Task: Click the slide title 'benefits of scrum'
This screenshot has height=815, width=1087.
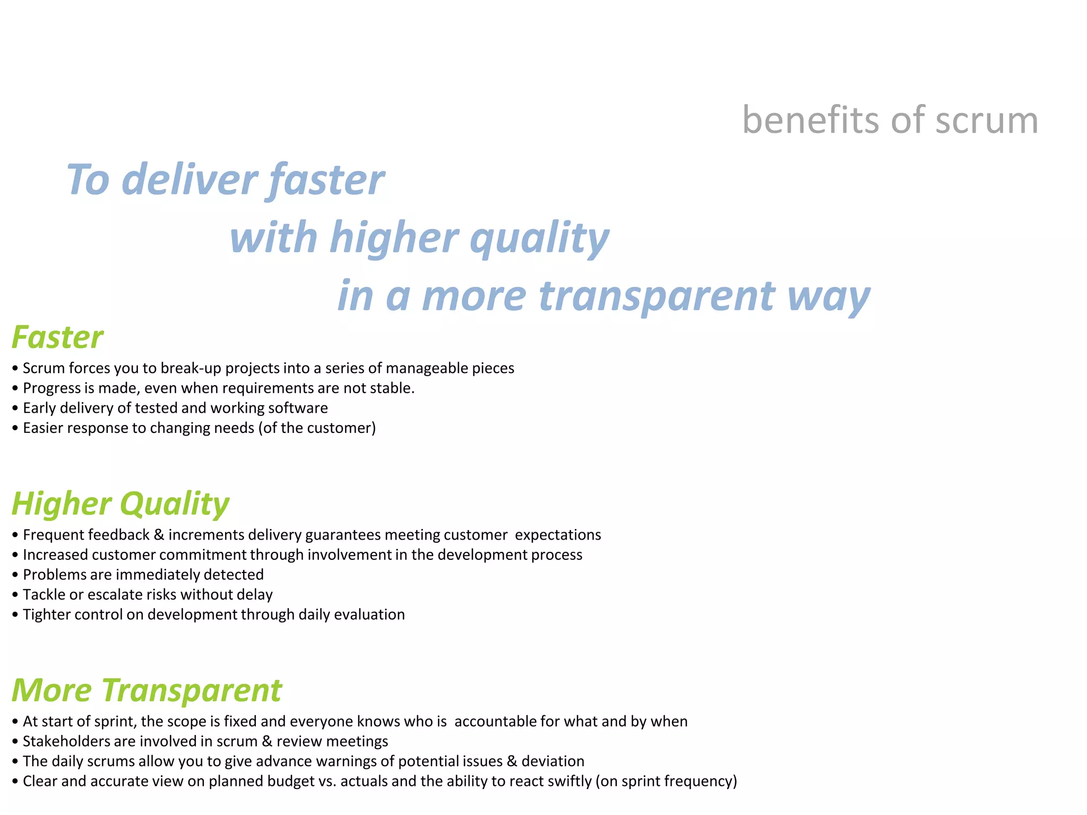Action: point(890,120)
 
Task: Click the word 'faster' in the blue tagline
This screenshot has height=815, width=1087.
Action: point(326,180)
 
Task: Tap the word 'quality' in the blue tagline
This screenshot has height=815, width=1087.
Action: point(539,238)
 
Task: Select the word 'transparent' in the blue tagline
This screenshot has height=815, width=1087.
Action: point(657,296)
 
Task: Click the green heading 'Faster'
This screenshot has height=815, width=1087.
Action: point(57,337)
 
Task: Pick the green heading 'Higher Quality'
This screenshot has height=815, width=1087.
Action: point(120,504)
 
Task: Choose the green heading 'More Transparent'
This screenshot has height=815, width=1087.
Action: point(146,690)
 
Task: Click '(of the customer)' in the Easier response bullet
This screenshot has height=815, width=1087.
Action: point(317,428)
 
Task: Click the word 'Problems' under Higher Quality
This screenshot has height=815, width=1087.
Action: point(51,575)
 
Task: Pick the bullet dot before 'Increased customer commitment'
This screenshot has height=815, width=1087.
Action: point(16,556)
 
